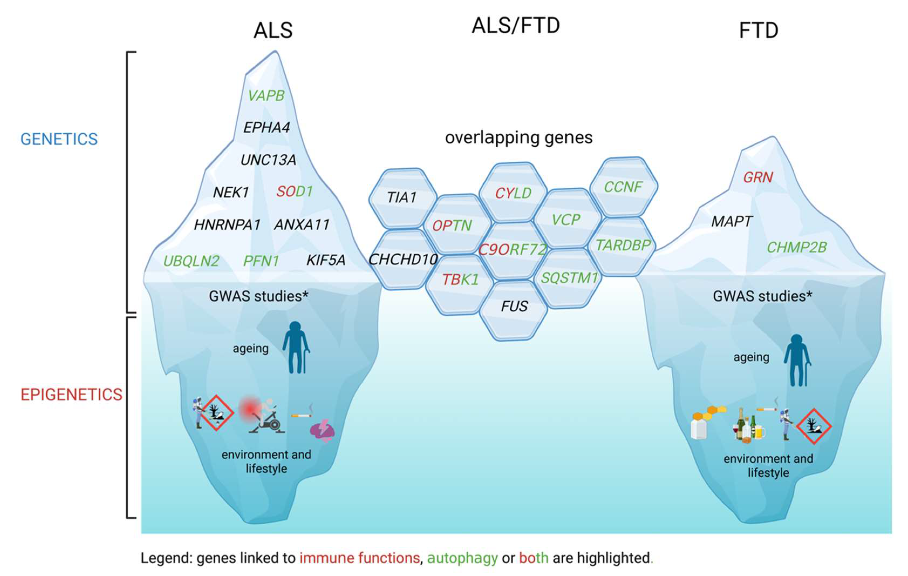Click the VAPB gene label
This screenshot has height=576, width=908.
click(x=266, y=96)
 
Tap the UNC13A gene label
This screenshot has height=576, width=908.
click(x=268, y=160)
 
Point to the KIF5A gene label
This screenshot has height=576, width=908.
click(x=326, y=260)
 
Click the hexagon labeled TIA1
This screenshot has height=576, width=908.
click(x=402, y=197)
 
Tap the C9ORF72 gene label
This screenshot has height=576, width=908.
click(x=512, y=250)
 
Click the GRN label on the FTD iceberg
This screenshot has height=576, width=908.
click(x=758, y=177)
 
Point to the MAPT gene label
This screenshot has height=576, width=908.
click(x=732, y=221)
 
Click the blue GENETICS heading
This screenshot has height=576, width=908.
click(x=59, y=139)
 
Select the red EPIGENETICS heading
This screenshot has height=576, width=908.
click(x=71, y=395)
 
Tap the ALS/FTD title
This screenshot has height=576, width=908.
click(x=516, y=26)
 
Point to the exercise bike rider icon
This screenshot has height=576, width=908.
click(x=264, y=415)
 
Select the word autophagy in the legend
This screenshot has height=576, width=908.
click(x=462, y=558)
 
